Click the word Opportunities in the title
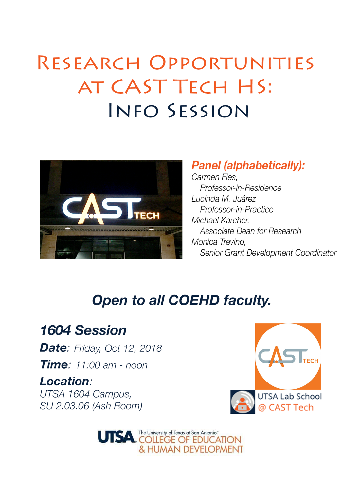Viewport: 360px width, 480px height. pyautogui.click(x=231, y=63)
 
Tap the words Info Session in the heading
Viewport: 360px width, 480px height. pyautogui.click(x=179, y=111)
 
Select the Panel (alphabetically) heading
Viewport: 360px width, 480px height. pyautogui.click(x=248, y=165)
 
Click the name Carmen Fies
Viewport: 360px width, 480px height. pyautogui.click(x=214, y=177)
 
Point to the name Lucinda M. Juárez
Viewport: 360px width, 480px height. pyautogui.click(x=224, y=199)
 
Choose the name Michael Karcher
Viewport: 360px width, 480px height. pyautogui.click(x=220, y=220)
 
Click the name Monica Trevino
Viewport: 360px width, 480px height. pyautogui.click(x=219, y=242)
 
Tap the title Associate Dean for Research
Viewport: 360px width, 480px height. pyautogui.click(x=250, y=231)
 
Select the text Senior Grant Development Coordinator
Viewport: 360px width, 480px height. pyautogui.click(x=268, y=253)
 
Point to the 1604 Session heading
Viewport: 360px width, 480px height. pyautogui.click(x=83, y=330)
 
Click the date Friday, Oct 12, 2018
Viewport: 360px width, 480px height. pyautogui.click(x=118, y=348)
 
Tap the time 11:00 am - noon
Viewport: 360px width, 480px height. pyautogui.click(x=112, y=365)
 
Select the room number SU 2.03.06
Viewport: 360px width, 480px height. pyautogui.click(x=64, y=406)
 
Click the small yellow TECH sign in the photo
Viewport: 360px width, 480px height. pyautogui.click(x=147, y=216)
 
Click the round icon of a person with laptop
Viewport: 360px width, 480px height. pyautogui.click(x=243, y=401)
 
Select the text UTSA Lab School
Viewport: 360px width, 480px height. pyautogui.click(x=290, y=396)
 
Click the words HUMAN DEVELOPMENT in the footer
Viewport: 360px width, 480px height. pyautogui.click(x=195, y=449)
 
